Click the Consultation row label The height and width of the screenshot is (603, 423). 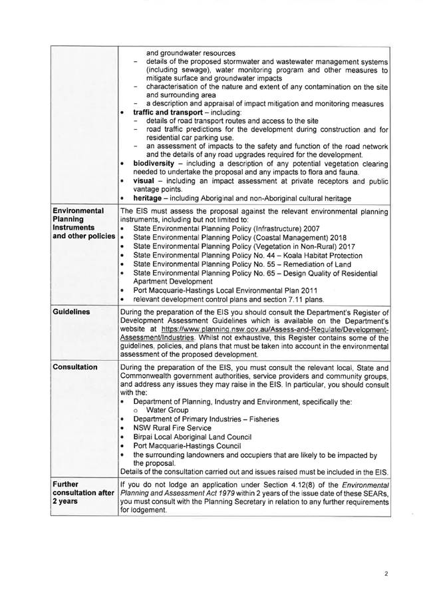pyautogui.click(x=77, y=367)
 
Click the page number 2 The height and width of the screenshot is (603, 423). pyautogui.click(x=386, y=572)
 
